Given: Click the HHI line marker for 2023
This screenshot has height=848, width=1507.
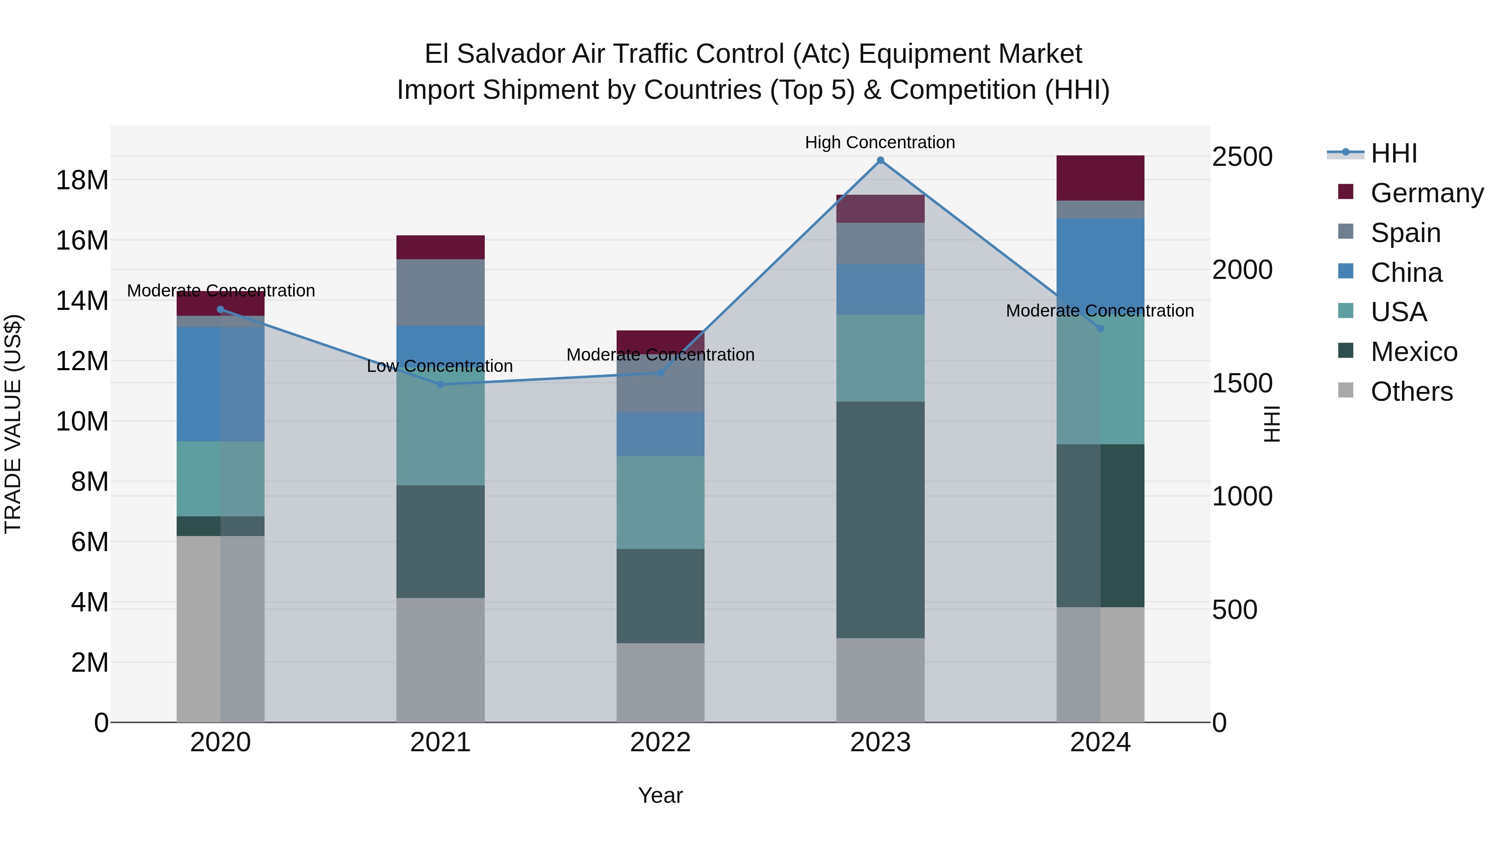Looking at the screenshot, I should click(x=880, y=160).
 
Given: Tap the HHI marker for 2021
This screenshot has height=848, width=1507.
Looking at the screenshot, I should click(x=440, y=384).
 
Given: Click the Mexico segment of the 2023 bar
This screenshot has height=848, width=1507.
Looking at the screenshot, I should click(x=880, y=520).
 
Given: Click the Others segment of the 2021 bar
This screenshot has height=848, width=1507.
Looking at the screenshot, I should click(x=440, y=660).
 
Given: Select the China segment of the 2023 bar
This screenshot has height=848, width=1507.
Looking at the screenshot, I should click(x=880, y=289).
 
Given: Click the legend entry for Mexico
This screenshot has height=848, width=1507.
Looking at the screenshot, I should click(x=1413, y=352).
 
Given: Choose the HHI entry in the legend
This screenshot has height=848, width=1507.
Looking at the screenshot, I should click(x=1394, y=153).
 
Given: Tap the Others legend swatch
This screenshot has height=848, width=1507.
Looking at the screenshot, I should click(x=1345, y=390).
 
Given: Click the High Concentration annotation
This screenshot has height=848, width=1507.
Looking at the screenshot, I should click(x=880, y=143).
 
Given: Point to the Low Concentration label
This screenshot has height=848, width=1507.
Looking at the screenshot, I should click(x=440, y=366).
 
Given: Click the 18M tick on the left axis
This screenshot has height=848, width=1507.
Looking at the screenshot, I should click(x=82, y=180).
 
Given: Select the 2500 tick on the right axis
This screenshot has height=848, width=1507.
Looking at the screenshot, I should click(x=1242, y=157).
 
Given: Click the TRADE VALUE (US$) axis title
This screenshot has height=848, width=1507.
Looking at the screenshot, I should click(x=13, y=424).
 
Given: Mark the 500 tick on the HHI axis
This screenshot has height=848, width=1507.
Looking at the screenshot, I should click(x=1234, y=610).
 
